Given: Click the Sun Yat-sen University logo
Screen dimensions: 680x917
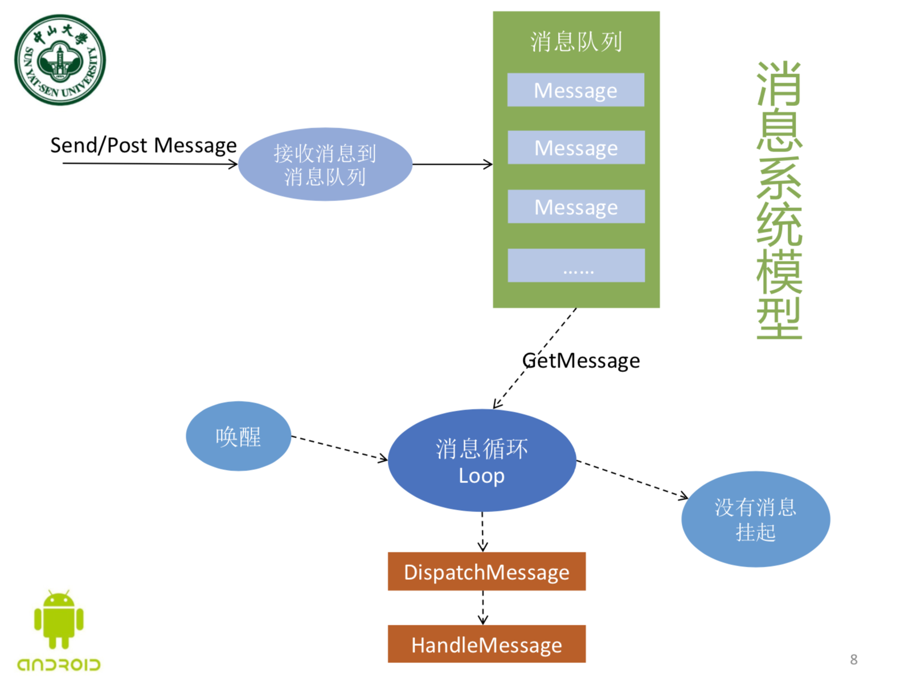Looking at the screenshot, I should click(60, 60).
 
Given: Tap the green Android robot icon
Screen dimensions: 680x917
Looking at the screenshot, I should click(59, 620).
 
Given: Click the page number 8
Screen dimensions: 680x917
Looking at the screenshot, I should click(853, 659).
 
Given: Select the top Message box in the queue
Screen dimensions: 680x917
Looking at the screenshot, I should click(575, 90).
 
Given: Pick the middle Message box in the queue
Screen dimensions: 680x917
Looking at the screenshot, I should click(576, 148).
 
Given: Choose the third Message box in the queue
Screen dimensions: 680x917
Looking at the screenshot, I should click(576, 207).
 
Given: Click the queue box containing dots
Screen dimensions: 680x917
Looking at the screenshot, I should click(576, 265).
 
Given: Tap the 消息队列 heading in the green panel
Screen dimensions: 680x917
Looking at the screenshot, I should click(576, 42).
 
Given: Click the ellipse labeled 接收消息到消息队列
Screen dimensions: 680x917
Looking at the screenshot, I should click(325, 165).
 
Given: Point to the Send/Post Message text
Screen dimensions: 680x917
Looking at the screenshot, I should click(143, 145).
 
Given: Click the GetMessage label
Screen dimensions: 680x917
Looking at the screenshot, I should click(581, 361).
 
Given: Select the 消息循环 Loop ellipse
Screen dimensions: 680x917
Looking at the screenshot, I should click(482, 461).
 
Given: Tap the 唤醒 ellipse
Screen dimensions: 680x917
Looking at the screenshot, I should click(238, 437).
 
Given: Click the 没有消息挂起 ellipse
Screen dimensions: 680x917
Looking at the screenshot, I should click(755, 519).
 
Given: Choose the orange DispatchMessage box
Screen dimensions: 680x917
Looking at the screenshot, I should click(486, 572).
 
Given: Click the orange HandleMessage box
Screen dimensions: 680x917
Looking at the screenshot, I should click(486, 645).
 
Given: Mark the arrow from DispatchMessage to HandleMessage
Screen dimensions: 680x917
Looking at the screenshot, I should click(483, 608).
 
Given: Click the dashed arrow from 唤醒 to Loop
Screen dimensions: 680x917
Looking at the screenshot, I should click(339, 448).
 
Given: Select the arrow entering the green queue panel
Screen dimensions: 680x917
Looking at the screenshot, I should click(452, 165).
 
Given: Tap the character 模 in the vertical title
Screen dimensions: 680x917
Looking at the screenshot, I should click(779, 272).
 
